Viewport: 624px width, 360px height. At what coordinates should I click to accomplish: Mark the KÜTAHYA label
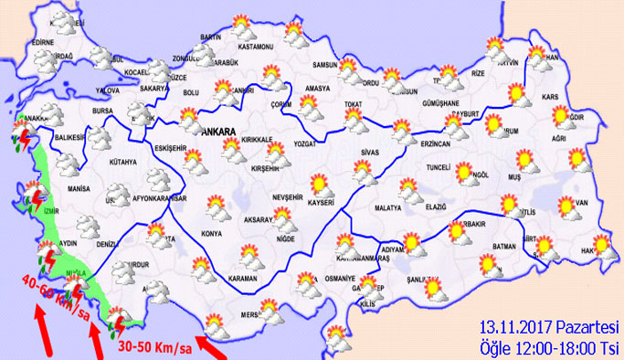coord(120,163)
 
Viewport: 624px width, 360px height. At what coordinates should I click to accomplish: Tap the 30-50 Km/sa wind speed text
coord(155,346)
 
